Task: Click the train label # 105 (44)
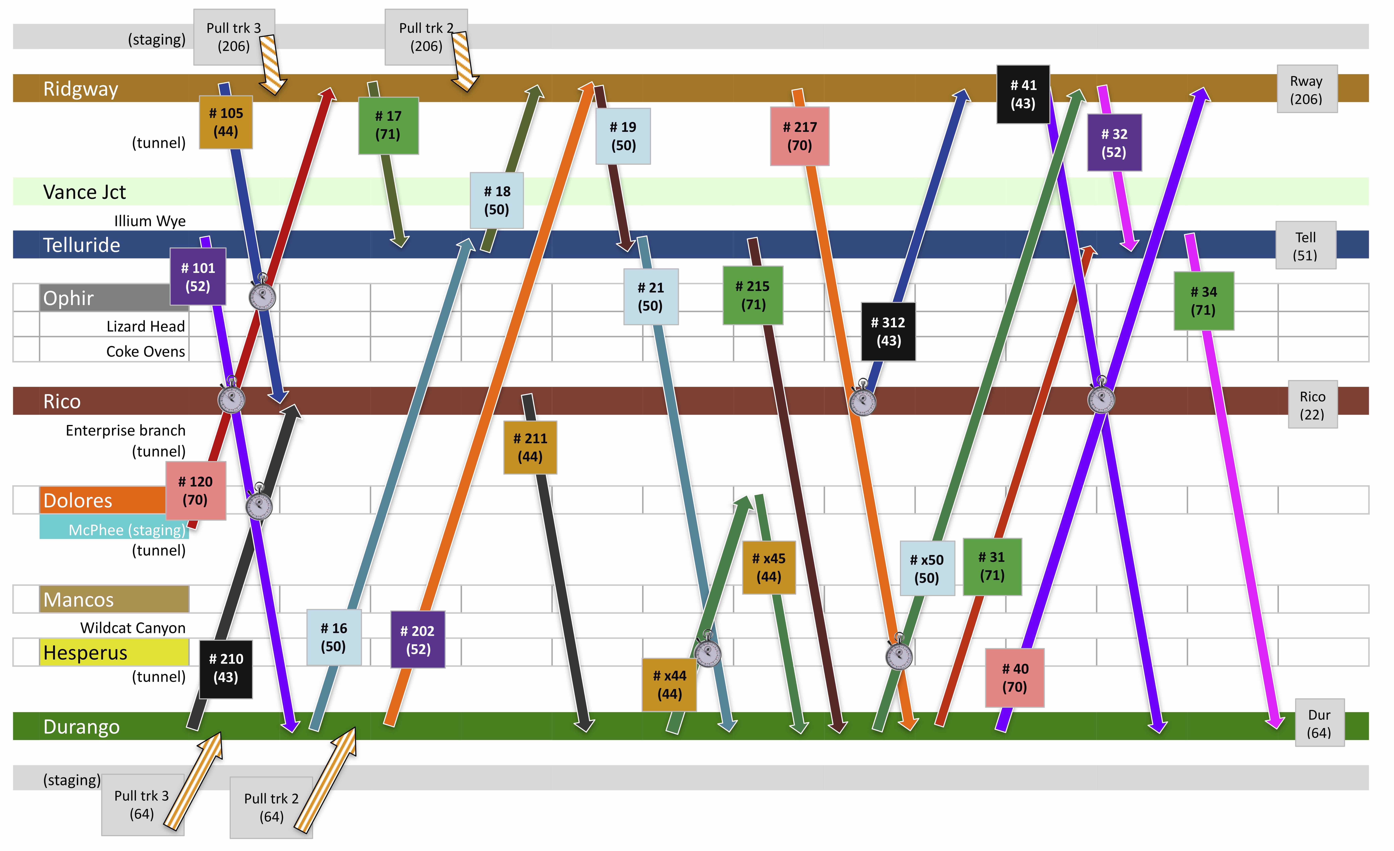point(226,122)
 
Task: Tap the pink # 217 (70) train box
point(799,136)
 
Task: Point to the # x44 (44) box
point(669,685)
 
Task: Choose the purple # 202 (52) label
point(418,640)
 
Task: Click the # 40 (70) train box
point(1014,677)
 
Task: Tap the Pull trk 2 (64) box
point(272,807)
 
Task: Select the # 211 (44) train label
point(530,447)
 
